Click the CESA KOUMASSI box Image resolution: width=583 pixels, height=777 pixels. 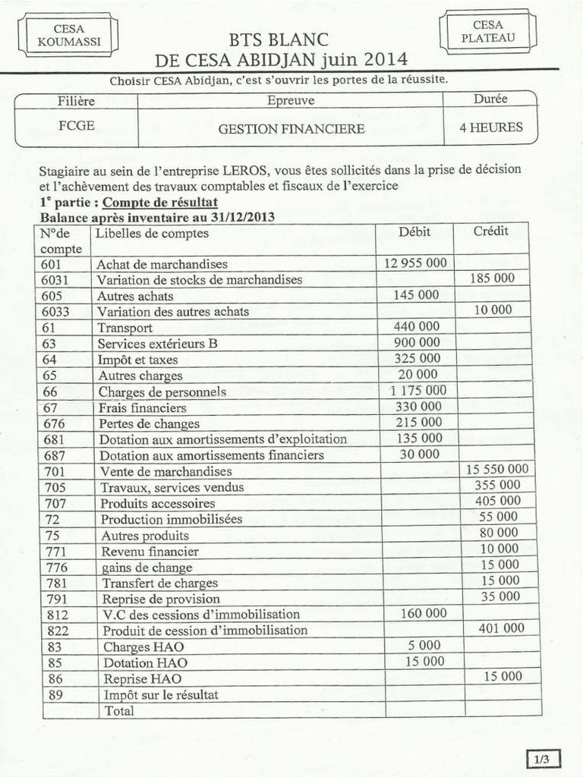point(68,36)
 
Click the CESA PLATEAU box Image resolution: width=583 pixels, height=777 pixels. point(487,33)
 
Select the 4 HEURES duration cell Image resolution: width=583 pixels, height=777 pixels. point(490,127)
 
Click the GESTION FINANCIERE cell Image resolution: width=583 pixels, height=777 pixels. point(291,129)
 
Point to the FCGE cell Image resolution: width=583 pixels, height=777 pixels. point(77,126)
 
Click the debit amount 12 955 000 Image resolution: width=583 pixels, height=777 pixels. point(415,263)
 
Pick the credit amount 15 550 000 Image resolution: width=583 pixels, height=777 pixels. point(497,470)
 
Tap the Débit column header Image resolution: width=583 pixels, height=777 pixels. point(414,232)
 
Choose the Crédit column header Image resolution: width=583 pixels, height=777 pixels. point(491,231)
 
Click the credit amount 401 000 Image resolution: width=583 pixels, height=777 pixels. point(501,628)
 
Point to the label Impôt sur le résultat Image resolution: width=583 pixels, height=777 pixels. point(161,694)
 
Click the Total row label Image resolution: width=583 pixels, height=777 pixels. point(119,711)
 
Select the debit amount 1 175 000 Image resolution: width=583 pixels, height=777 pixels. point(418,390)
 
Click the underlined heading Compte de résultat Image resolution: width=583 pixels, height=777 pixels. point(160,202)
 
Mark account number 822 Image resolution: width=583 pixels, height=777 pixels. point(56,631)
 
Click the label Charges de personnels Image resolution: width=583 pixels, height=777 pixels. point(162,392)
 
